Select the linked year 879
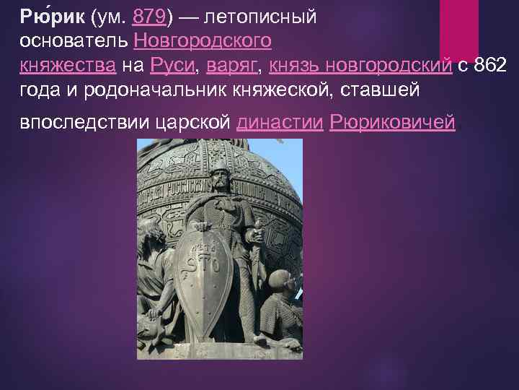[150, 17]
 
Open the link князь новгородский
[360, 66]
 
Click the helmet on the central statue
[218, 158]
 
